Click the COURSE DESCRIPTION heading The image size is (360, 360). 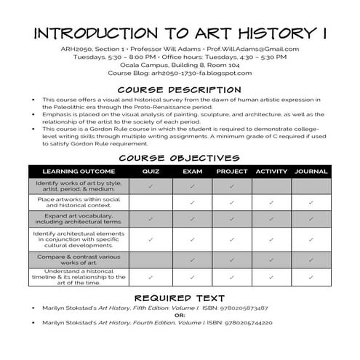tap(180, 89)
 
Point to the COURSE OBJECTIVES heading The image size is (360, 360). tap(180, 158)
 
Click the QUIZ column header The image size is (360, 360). tap(151, 172)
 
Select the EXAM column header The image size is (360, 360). tap(192, 172)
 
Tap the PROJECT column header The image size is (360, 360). tap(231, 172)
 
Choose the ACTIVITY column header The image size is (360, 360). tap(271, 172)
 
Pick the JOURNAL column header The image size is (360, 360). tap(311, 172)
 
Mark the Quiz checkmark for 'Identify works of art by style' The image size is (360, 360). tap(151, 186)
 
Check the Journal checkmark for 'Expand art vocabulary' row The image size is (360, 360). tap(311, 219)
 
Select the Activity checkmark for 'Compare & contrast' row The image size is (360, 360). tap(271, 259)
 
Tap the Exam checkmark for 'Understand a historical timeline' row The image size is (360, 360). tap(192, 277)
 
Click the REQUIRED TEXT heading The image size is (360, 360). tap(180, 298)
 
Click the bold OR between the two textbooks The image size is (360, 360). tap(180, 315)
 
